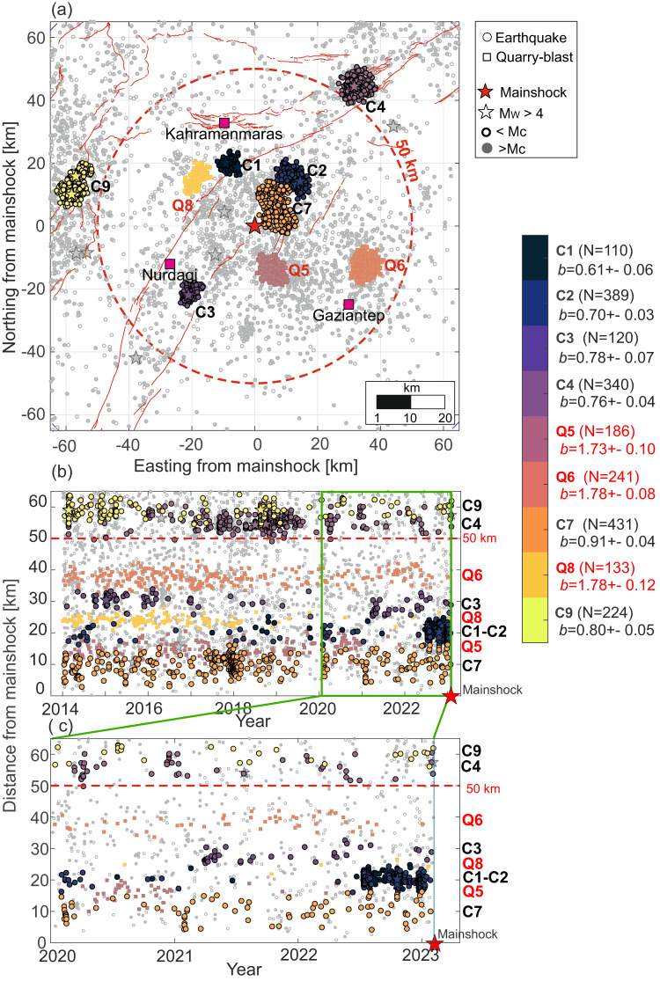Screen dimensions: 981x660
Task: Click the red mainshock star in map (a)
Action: pos(254,225)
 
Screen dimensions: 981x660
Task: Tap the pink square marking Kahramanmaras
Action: pos(224,122)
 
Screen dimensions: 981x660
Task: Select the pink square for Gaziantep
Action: pos(348,304)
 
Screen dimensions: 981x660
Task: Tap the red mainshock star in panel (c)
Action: pos(434,944)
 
